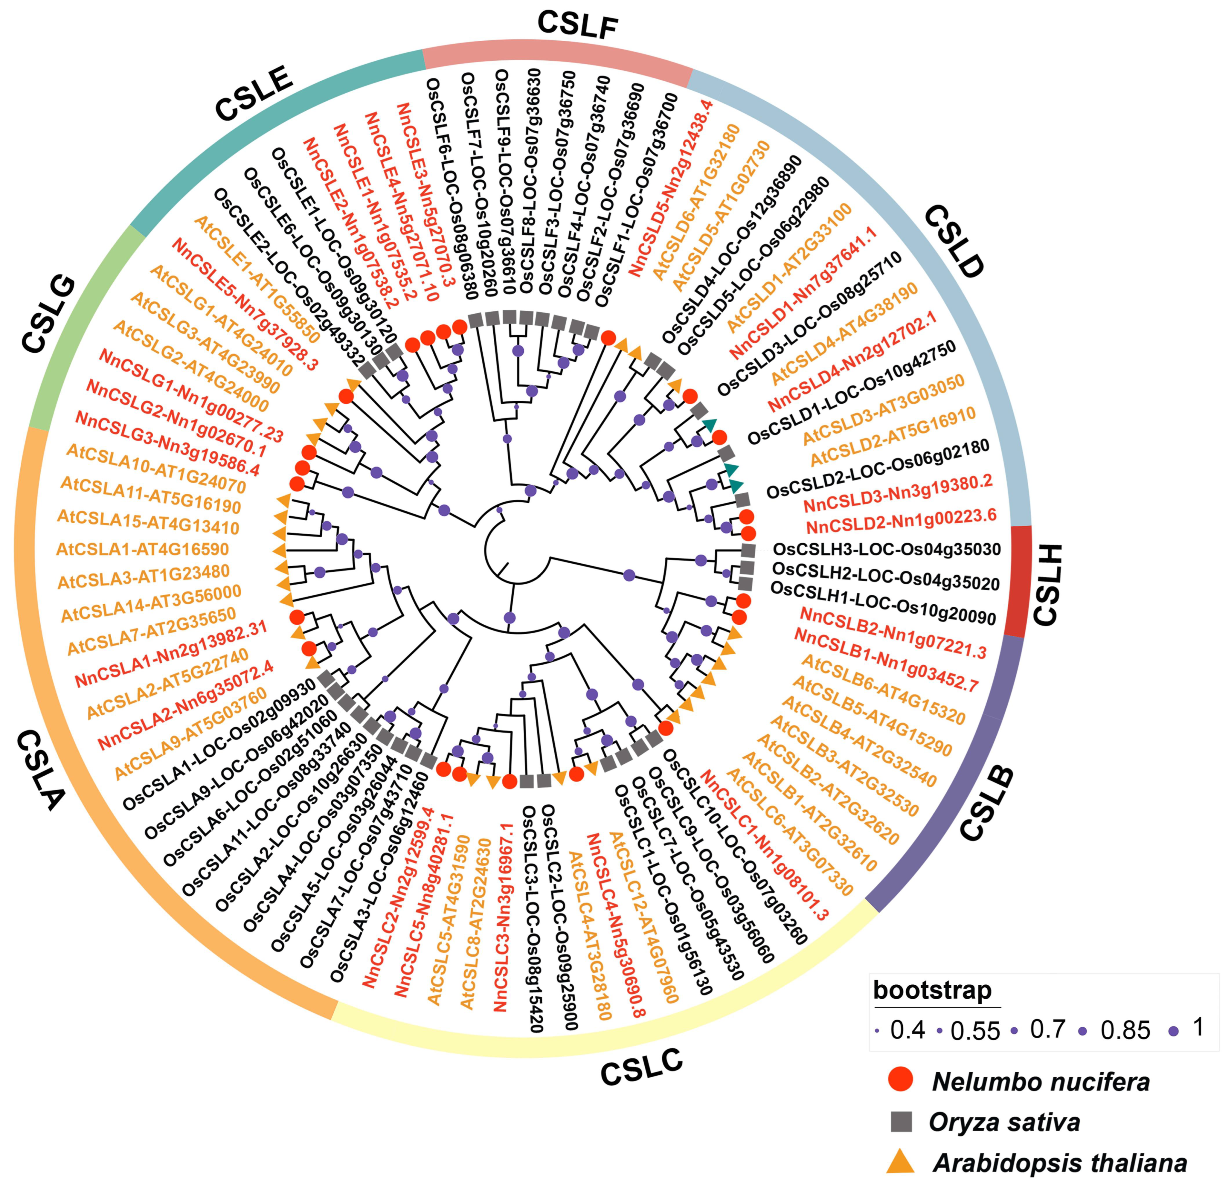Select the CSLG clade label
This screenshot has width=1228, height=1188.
coord(48,313)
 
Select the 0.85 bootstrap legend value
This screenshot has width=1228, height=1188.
coord(1125,1031)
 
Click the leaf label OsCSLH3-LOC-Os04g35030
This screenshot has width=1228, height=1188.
coord(887,549)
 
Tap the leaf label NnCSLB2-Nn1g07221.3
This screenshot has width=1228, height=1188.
coord(893,633)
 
